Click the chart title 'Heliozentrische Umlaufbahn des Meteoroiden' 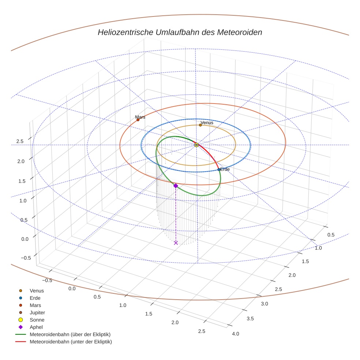pyautogui.click(x=180, y=32)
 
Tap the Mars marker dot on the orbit pyautogui.click(x=138, y=120)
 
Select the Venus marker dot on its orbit pyautogui.click(x=200, y=125)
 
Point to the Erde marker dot pyautogui.click(x=219, y=169)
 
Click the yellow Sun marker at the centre pyautogui.click(x=196, y=145)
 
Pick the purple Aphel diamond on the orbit pyautogui.click(x=176, y=186)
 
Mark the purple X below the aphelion pyautogui.click(x=176, y=243)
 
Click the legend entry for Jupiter pyautogui.click(x=37, y=312)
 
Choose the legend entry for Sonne pyautogui.click(x=37, y=320)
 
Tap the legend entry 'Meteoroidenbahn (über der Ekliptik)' pyautogui.click(x=70, y=334)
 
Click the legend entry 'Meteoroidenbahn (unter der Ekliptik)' pyautogui.click(x=71, y=342)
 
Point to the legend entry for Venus pyautogui.click(x=37, y=290)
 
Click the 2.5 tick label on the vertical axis pyautogui.click(x=20, y=141)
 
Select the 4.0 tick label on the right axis pyautogui.click(x=236, y=333)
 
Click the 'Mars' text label pyautogui.click(x=140, y=117)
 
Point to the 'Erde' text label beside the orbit pyautogui.click(x=225, y=169)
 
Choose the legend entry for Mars pyautogui.click(x=35, y=305)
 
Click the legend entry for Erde pyautogui.click(x=35, y=298)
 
